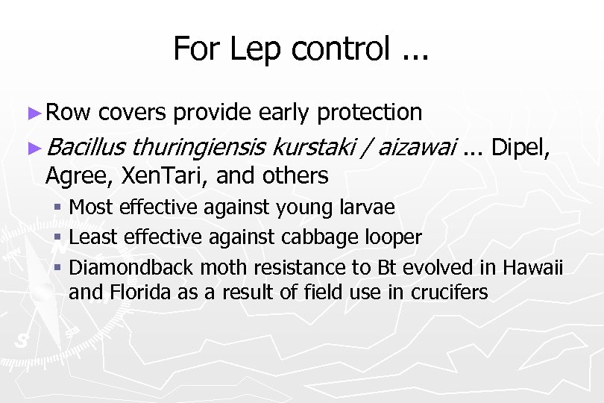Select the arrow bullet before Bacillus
(34, 149)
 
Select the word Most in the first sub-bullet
(90, 207)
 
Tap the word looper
(391, 237)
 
